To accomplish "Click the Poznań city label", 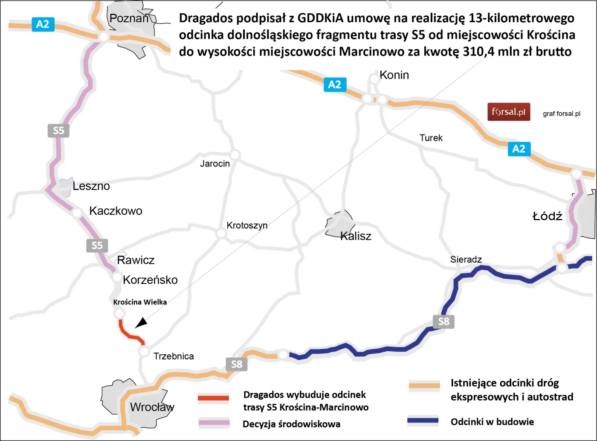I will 129,18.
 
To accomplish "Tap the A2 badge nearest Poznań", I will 43,24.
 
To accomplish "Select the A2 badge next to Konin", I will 334,85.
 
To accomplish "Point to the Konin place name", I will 394,75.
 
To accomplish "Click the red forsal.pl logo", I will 509,112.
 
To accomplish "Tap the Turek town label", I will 431,138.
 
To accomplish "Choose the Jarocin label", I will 215,164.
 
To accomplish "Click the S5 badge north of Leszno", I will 58,130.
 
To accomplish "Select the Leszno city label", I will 91,186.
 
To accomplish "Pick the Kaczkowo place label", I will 116,211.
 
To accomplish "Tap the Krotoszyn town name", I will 247,225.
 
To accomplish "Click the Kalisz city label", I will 356,236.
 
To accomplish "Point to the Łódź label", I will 547,216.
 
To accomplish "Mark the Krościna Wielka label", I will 140,302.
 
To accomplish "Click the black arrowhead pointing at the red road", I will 141,323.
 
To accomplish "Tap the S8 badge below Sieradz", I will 443,321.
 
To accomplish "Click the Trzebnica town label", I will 174,356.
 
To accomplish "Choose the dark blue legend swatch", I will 423,421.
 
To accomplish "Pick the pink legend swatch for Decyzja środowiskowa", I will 214,423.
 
